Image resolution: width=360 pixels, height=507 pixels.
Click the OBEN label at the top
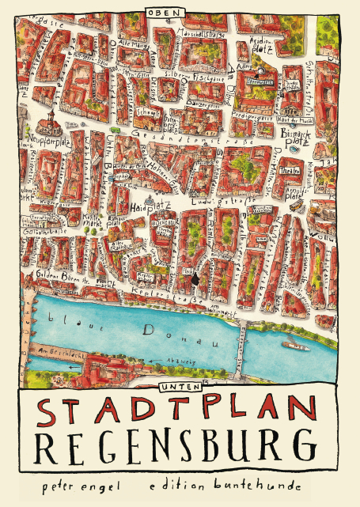click(165, 13)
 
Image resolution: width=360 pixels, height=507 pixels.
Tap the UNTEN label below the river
click(173, 386)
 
